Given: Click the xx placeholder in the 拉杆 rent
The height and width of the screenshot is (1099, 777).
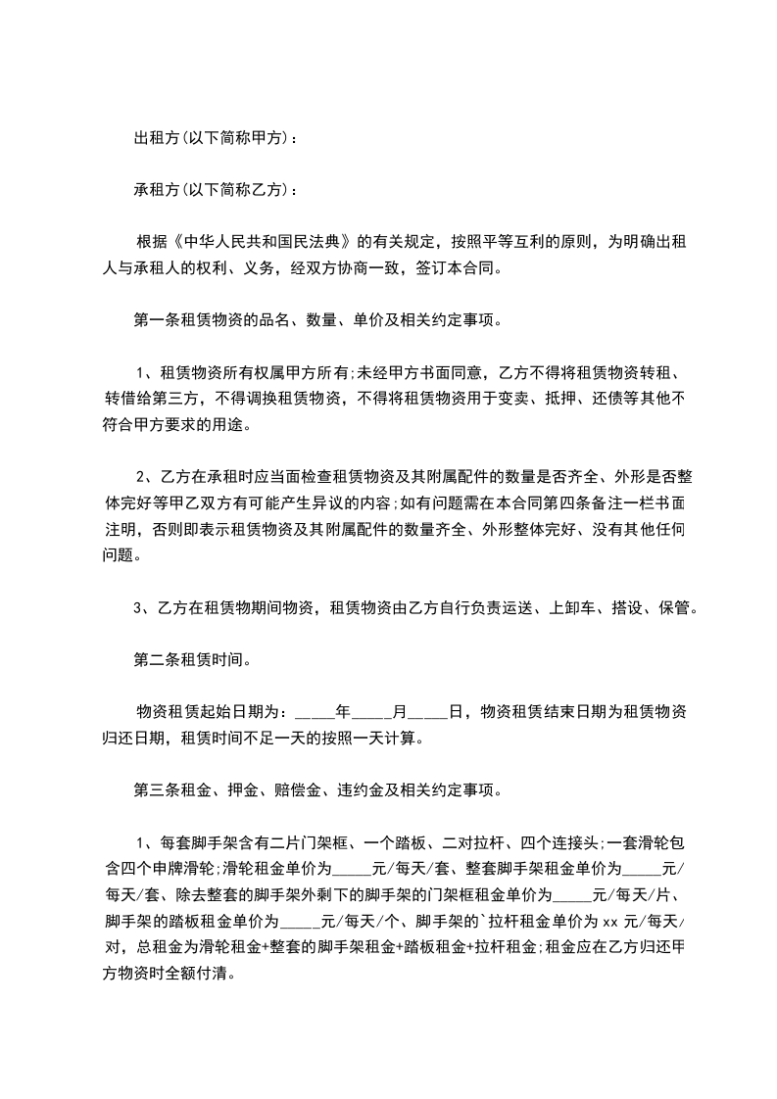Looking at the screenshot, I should click(609, 922).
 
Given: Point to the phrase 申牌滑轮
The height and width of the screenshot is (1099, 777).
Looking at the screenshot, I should click(183, 866).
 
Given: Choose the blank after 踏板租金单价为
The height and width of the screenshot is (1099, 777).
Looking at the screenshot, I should click(301, 922).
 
